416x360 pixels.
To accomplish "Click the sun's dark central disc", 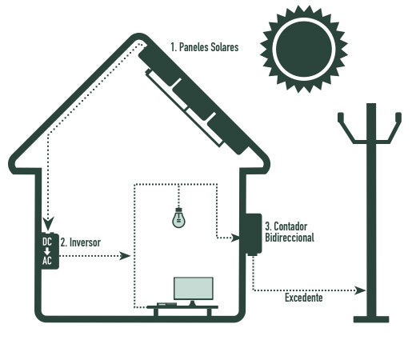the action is click(304, 50).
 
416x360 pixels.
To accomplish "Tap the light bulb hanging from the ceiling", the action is click(178, 218).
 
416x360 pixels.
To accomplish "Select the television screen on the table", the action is click(194, 288).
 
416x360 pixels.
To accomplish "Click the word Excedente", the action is click(304, 298).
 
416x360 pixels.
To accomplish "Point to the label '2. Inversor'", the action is click(81, 242).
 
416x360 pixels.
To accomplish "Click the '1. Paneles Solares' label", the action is click(205, 47).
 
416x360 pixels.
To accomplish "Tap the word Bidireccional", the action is click(290, 238).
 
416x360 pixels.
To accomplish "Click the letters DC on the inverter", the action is click(47, 242).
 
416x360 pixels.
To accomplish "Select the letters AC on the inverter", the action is click(47, 261).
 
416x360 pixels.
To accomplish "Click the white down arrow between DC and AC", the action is click(47, 251).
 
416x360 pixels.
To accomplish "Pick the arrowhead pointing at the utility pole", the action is click(360, 290).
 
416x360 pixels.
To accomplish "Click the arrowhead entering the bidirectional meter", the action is click(235, 238).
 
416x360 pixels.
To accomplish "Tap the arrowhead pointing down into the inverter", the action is click(48, 223).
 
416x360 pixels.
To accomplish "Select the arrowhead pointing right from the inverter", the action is click(125, 256).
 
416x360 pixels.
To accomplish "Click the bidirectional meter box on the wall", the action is click(251, 234).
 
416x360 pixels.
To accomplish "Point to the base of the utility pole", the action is click(371, 319).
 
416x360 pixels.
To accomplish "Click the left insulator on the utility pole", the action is click(341, 118).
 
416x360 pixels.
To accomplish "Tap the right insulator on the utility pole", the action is click(398, 118).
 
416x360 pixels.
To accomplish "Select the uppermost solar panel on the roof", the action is click(159, 66).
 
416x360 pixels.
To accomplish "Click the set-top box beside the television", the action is click(166, 304).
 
